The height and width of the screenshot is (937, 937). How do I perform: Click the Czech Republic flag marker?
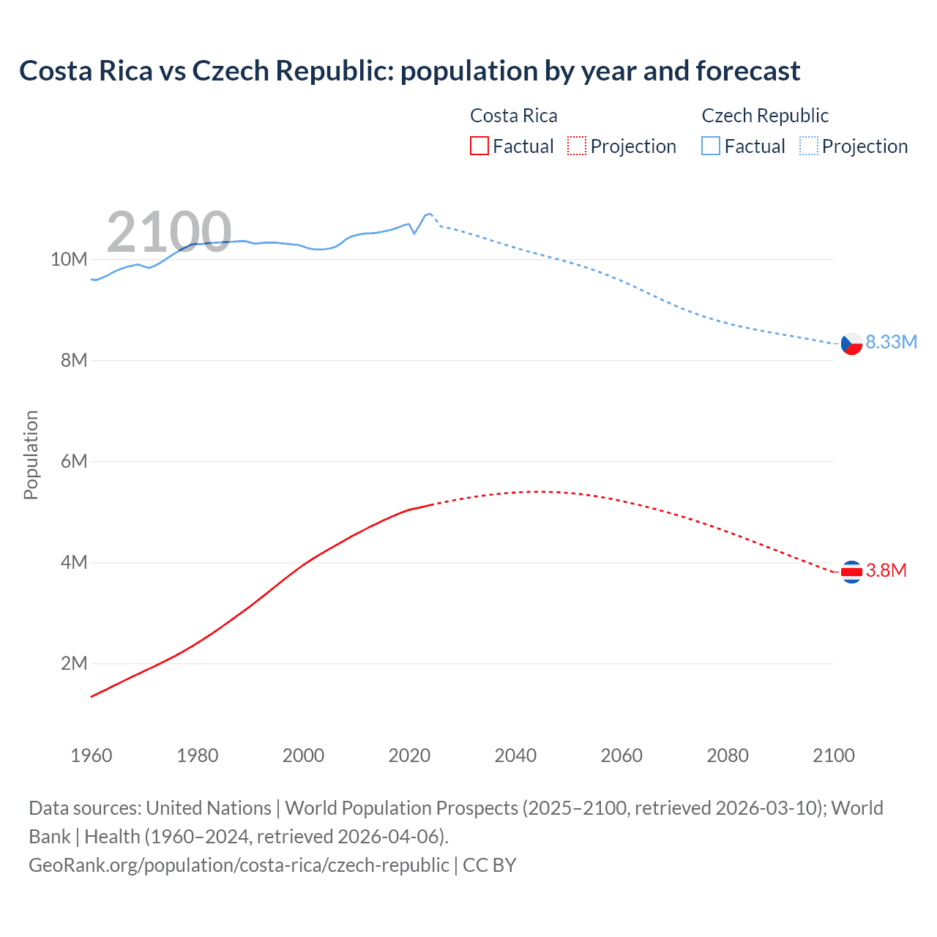click(851, 343)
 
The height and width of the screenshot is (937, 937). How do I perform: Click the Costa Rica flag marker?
click(851, 572)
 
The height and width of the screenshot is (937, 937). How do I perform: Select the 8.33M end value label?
click(891, 343)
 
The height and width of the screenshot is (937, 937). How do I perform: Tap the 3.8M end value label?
click(886, 571)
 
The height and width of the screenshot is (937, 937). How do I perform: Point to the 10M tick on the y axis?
click(69, 260)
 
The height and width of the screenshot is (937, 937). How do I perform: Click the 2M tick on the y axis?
click(73, 664)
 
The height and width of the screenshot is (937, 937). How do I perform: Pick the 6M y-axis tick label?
click(73, 462)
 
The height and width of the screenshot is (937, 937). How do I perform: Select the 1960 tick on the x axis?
click(92, 755)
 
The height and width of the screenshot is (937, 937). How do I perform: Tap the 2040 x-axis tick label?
click(515, 755)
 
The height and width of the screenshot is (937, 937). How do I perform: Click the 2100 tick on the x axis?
click(833, 755)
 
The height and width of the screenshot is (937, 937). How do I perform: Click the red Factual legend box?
click(479, 146)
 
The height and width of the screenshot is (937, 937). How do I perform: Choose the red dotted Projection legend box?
click(577, 146)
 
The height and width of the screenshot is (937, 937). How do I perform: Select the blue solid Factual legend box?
click(711, 146)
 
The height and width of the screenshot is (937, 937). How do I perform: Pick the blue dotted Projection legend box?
click(808, 146)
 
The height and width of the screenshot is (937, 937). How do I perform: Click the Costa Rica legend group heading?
click(513, 116)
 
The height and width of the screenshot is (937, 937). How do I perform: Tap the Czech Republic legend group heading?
click(765, 116)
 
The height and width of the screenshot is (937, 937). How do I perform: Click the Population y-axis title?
click(31, 455)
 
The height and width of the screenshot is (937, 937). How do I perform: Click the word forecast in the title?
click(747, 71)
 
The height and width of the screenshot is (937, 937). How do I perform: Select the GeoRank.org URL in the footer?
click(239, 865)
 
